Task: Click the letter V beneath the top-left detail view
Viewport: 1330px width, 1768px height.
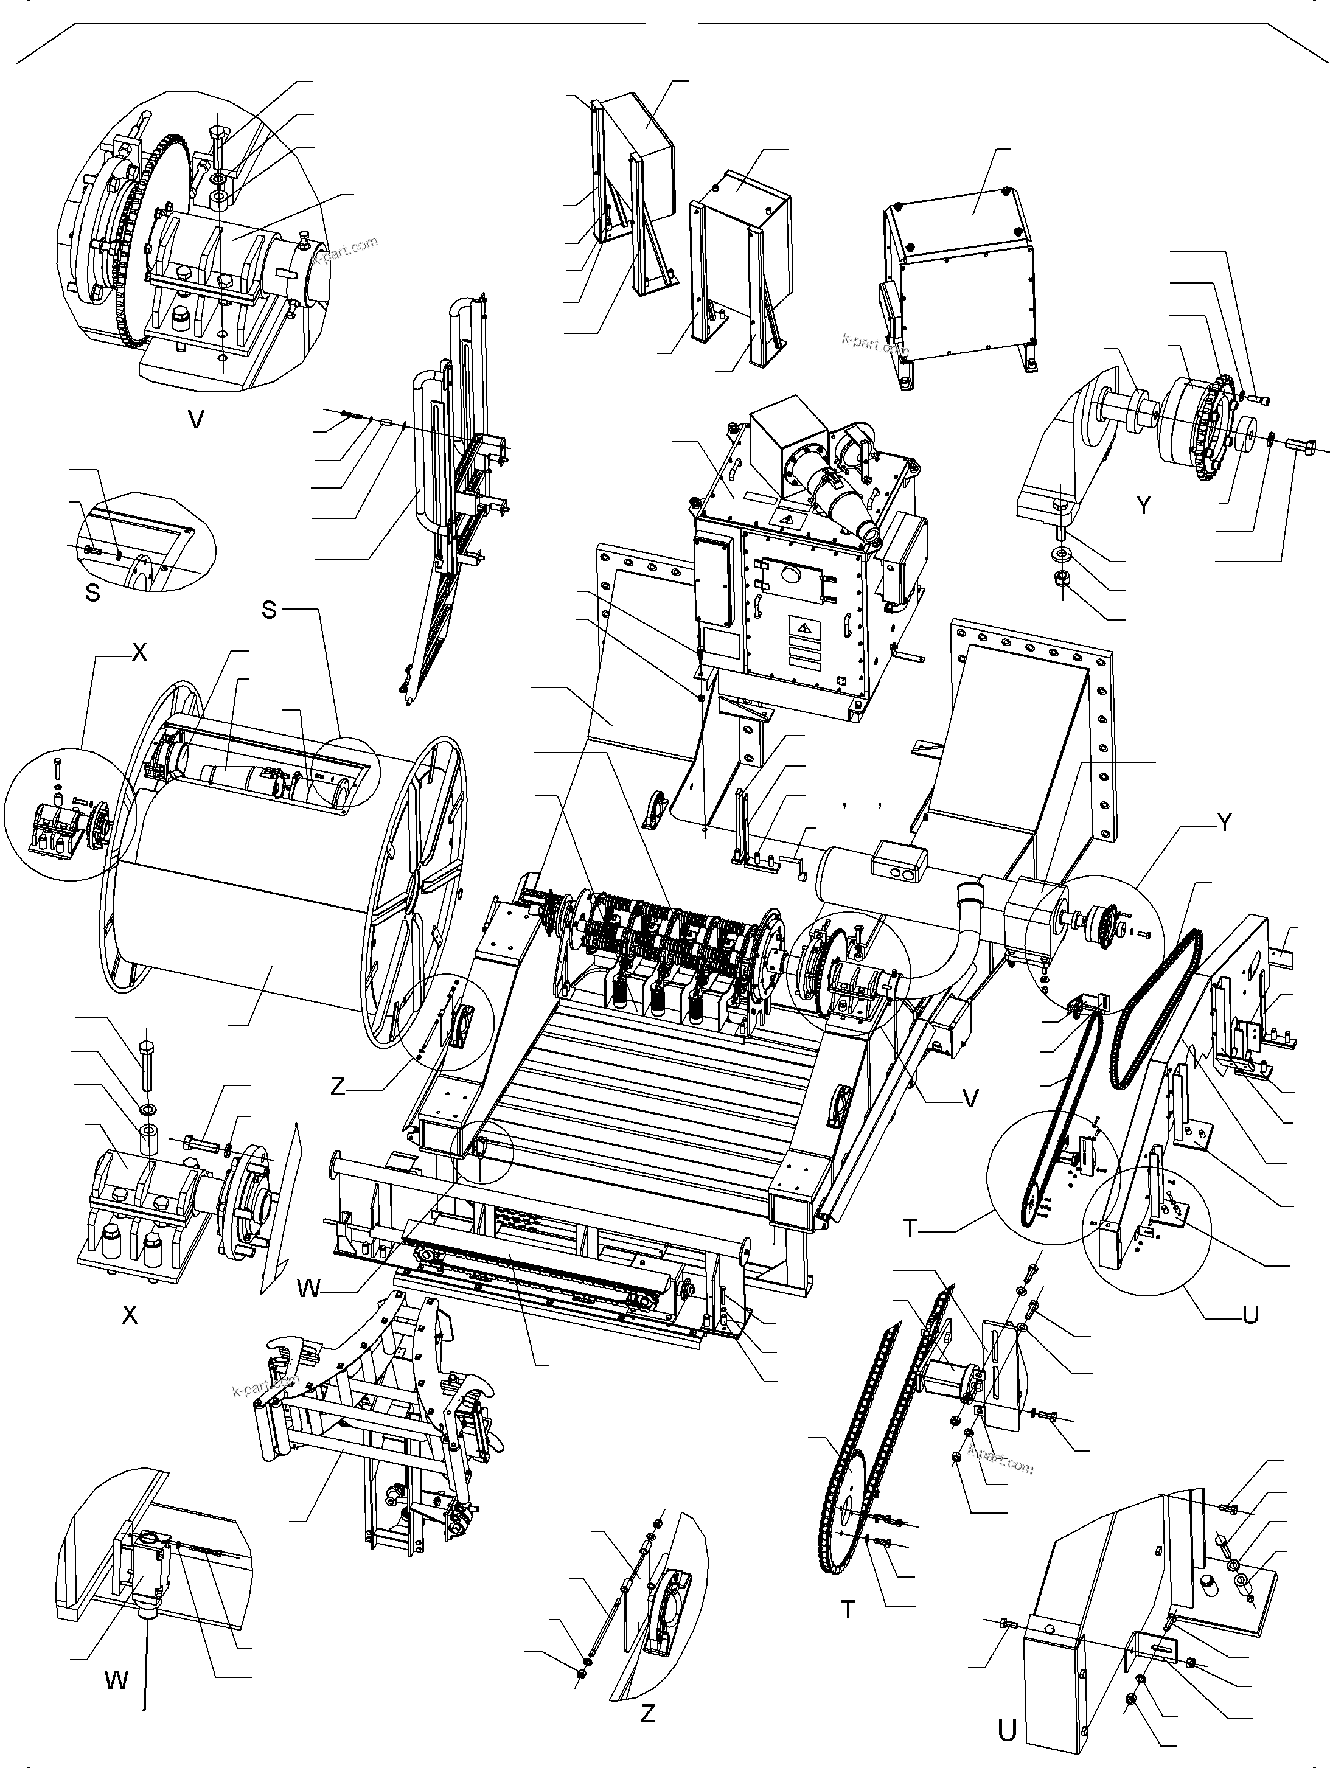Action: point(196,419)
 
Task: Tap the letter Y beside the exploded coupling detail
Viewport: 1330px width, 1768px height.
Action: point(1144,505)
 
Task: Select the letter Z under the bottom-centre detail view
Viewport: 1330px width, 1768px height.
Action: point(647,1713)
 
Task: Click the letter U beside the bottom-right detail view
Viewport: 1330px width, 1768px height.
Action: point(1007,1730)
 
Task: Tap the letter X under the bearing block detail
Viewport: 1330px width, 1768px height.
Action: point(130,1315)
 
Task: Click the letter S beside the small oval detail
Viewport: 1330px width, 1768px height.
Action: point(92,593)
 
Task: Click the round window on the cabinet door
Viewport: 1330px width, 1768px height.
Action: point(792,575)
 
